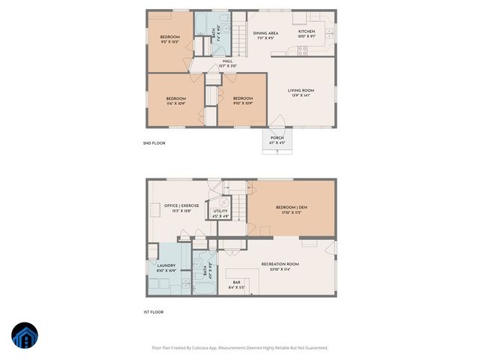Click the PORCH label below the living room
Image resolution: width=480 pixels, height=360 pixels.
(x=277, y=139)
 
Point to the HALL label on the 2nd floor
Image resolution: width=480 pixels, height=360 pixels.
(x=227, y=64)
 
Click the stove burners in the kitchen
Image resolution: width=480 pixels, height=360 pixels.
(x=303, y=51)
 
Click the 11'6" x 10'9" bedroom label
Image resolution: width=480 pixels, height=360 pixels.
(x=175, y=100)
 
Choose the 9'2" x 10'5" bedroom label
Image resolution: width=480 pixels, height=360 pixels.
(x=169, y=40)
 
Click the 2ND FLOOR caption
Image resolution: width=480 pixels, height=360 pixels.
(x=154, y=143)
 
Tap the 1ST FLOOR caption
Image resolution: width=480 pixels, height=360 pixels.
(x=154, y=312)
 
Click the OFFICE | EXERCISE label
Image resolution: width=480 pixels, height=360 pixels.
(x=181, y=208)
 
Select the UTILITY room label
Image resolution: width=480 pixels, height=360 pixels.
(x=220, y=213)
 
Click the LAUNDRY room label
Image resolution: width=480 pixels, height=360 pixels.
(x=166, y=268)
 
